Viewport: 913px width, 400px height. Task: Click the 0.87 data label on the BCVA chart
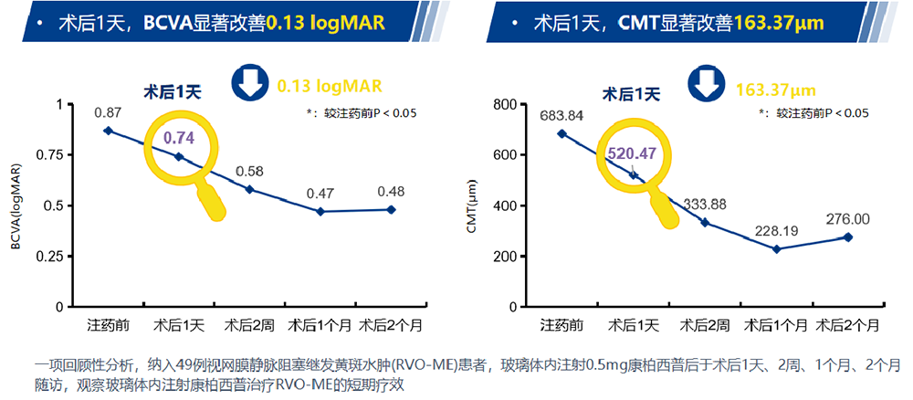pos(108,112)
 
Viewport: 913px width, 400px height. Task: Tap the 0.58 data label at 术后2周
pos(249,171)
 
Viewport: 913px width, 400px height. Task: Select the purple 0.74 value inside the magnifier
pos(178,138)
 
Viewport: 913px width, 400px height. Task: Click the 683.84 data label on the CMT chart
pos(561,115)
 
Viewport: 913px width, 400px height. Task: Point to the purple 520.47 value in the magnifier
pos(632,153)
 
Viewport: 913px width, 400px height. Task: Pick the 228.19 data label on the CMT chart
pos(776,230)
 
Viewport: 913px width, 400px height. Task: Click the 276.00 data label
pos(848,219)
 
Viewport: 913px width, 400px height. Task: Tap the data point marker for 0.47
pos(320,211)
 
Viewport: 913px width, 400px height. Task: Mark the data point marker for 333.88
pos(705,222)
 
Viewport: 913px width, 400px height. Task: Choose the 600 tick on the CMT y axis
pos(505,154)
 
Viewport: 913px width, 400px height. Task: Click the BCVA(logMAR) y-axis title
pos(17,205)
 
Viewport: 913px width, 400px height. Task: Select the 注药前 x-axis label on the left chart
pos(108,325)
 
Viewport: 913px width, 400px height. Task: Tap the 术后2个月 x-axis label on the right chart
pos(848,325)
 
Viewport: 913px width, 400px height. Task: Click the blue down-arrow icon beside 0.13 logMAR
pos(247,85)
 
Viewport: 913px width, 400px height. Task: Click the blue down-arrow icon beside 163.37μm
pos(706,85)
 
